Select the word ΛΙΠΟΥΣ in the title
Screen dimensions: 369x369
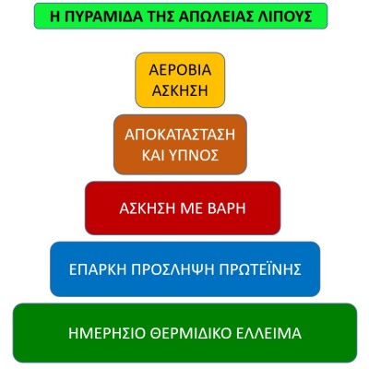(281, 17)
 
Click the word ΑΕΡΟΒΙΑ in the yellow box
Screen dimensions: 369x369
(180, 70)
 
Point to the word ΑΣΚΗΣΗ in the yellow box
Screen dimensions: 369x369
(180, 90)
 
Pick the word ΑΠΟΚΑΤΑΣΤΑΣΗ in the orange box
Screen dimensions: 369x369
(180, 135)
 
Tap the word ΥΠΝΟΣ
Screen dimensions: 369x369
(194, 156)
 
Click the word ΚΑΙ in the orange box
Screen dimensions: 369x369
(153, 156)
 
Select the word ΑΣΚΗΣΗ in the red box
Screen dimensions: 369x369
(145, 208)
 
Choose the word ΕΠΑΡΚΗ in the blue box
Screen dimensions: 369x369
(98, 269)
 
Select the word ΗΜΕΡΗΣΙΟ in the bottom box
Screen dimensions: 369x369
(107, 333)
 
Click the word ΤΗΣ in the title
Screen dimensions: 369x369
(160, 17)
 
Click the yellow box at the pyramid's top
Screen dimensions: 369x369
(180, 80)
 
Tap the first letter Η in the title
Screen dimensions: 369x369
(54, 17)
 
